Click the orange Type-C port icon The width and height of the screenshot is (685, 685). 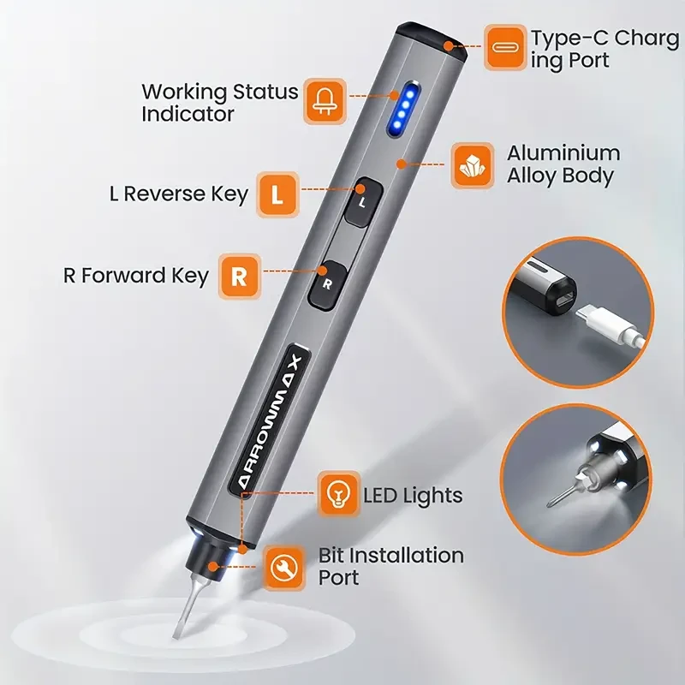(505, 47)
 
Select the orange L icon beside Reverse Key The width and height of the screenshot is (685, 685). (277, 194)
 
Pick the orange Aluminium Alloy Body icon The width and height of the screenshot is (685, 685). (474, 164)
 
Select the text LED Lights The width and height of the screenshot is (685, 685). (413, 495)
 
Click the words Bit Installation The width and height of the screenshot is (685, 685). (390, 555)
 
